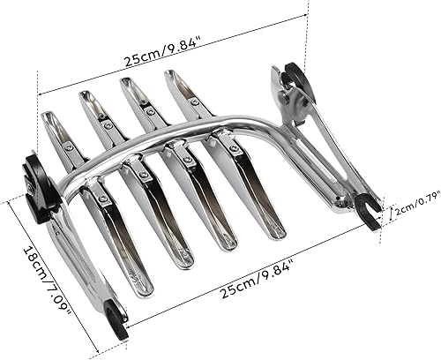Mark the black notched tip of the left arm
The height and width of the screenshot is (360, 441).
pyautogui.click(x=115, y=320)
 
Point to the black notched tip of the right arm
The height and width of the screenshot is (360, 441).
pyautogui.click(x=370, y=215)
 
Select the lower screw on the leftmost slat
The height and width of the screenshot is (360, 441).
pyautogui.click(x=103, y=199)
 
